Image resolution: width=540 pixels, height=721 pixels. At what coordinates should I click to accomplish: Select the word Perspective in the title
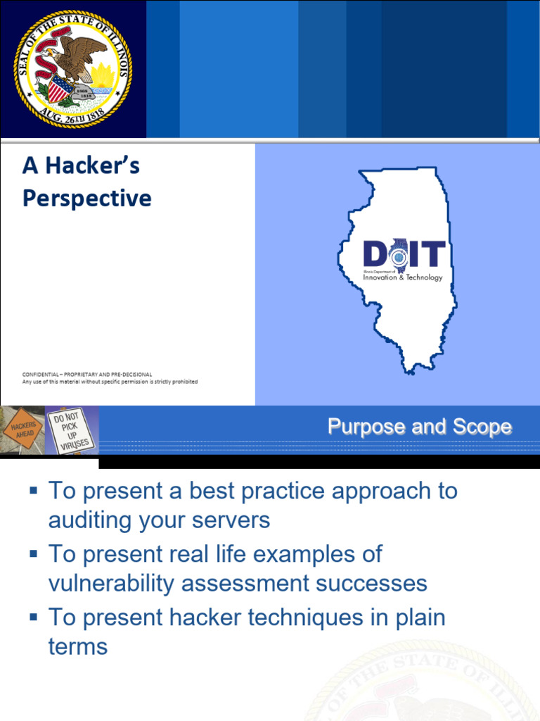tap(86, 199)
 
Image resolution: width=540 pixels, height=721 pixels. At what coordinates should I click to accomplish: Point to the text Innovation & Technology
tap(403, 277)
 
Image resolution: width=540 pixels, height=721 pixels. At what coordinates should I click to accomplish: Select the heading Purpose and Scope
tap(419, 427)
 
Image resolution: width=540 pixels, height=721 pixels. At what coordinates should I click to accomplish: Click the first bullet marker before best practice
tap(33, 489)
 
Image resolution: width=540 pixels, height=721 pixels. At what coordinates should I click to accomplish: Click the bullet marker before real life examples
tap(33, 553)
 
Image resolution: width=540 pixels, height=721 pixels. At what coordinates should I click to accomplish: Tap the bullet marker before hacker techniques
tap(33, 617)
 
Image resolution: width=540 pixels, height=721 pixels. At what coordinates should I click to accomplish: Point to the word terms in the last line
tap(78, 646)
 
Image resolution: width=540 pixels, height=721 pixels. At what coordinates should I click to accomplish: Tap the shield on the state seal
tap(60, 90)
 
